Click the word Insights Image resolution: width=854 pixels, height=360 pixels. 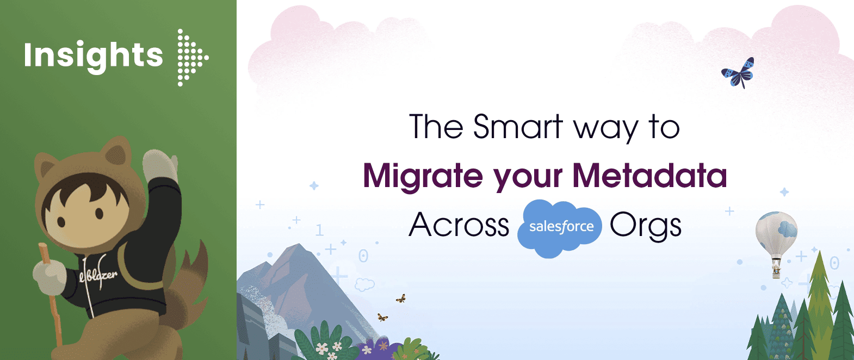pyautogui.click(x=93, y=56)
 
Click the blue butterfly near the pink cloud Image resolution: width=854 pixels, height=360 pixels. pyautogui.click(x=739, y=72)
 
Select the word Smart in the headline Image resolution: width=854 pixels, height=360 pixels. pyautogui.click(x=517, y=127)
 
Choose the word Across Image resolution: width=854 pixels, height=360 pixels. pyautogui.click(x=459, y=225)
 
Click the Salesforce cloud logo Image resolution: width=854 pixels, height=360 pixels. pyautogui.click(x=560, y=227)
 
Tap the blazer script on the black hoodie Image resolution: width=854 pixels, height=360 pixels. pyautogui.click(x=98, y=275)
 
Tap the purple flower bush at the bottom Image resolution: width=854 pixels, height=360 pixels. pyautogui.click(x=375, y=348)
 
